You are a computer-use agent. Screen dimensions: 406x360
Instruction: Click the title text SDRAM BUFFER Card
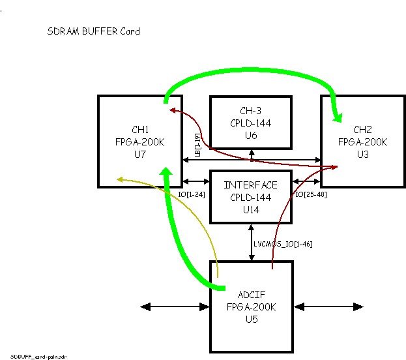pyautogui.click(x=93, y=31)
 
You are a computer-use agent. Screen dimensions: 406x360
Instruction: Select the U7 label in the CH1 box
pyautogui.click(x=140, y=154)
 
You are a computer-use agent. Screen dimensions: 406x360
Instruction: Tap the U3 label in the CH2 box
pyautogui.click(x=362, y=154)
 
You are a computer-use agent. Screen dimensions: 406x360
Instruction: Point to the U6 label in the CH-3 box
pyautogui.click(x=251, y=135)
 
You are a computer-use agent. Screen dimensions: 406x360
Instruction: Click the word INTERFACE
pyautogui.click(x=250, y=185)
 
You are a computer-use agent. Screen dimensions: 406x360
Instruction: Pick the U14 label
pyautogui.click(x=251, y=209)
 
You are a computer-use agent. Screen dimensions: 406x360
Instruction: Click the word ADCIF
pyautogui.click(x=252, y=295)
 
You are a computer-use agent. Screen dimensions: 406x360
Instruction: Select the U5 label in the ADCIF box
pyautogui.click(x=252, y=319)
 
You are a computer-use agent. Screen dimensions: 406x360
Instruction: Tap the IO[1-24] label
pyautogui.click(x=192, y=194)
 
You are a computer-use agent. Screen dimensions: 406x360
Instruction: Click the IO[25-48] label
pyautogui.click(x=311, y=194)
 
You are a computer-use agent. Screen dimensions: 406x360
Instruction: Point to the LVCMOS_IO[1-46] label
pyautogui.click(x=283, y=244)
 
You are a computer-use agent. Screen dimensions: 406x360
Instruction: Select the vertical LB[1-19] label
pyautogui.click(x=197, y=145)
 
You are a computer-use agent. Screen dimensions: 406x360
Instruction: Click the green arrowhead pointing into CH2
pyautogui.click(x=338, y=117)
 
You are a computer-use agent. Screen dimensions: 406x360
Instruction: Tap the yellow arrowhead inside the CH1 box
pyautogui.click(x=120, y=179)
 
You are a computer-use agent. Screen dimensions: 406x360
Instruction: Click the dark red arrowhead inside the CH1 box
pyautogui.click(x=173, y=111)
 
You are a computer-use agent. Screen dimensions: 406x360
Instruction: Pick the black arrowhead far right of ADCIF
pyautogui.click(x=358, y=307)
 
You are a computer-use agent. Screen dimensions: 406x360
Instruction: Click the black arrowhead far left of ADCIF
pyautogui.click(x=145, y=307)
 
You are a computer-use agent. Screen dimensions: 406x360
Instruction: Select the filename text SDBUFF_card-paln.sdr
pyautogui.click(x=38, y=357)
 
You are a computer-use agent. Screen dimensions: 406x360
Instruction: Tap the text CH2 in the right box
pyautogui.click(x=362, y=129)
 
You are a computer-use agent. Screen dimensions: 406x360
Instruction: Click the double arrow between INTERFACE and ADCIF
pyautogui.click(x=251, y=243)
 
